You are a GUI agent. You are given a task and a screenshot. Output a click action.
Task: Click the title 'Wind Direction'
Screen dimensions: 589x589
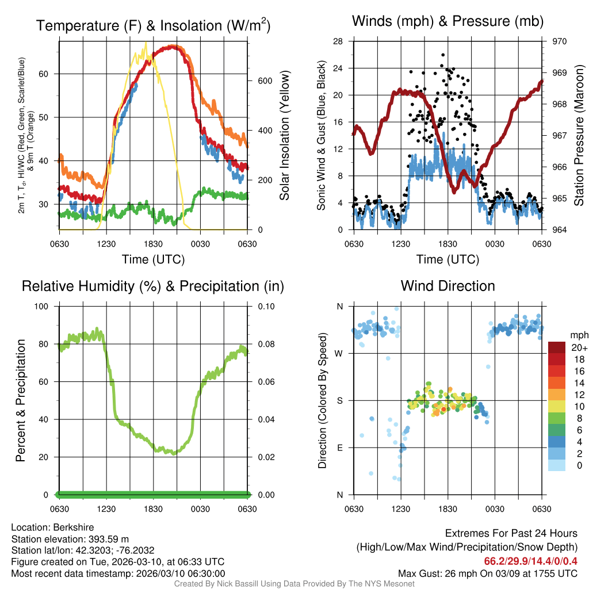click(448, 286)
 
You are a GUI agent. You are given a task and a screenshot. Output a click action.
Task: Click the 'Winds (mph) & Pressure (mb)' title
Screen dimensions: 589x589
click(448, 21)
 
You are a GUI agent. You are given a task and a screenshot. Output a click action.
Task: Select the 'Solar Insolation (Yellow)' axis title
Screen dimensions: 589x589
click(285, 135)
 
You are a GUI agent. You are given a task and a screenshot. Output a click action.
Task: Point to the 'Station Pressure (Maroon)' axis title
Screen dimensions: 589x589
click(579, 135)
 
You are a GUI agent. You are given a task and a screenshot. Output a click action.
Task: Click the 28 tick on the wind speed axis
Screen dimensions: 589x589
click(338, 41)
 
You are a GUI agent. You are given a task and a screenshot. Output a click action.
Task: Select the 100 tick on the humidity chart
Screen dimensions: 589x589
click(47, 306)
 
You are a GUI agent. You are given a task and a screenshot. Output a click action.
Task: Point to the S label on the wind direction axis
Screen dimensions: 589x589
click(340, 400)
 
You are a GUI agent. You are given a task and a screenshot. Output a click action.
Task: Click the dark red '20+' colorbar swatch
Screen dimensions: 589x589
click(557, 347)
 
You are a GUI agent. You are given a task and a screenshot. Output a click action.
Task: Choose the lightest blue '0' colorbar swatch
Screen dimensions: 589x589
click(557, 465)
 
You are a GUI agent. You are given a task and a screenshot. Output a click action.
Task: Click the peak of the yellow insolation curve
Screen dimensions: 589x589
click(146, 42)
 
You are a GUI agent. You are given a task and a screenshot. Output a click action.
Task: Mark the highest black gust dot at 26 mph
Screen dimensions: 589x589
click(443, 55)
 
